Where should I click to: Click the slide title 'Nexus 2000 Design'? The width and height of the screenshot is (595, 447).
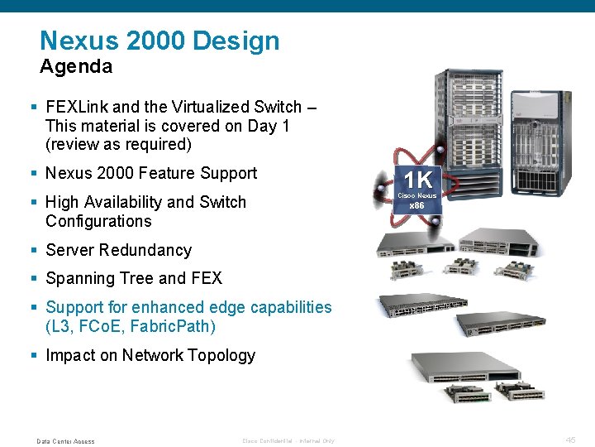click(159, 41)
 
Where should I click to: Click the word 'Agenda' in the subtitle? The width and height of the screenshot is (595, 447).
click(76, 66)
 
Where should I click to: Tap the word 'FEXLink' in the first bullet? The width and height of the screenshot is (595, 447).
click(77, 107)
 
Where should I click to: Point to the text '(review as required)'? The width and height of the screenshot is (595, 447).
click(118, 144)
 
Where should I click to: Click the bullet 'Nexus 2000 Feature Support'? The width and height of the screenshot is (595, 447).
click(151, 173)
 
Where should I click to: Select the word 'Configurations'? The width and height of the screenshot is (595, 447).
click(98, 221)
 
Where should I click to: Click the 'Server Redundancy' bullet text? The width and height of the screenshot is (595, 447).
click(118, 250)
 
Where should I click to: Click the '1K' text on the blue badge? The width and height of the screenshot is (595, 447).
click(417, 180)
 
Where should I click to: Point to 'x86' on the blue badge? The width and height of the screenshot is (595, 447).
click(417, 205)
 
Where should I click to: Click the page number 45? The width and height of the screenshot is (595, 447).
click(570, 440)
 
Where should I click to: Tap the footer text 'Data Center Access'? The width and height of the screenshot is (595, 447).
click(66, 441)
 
